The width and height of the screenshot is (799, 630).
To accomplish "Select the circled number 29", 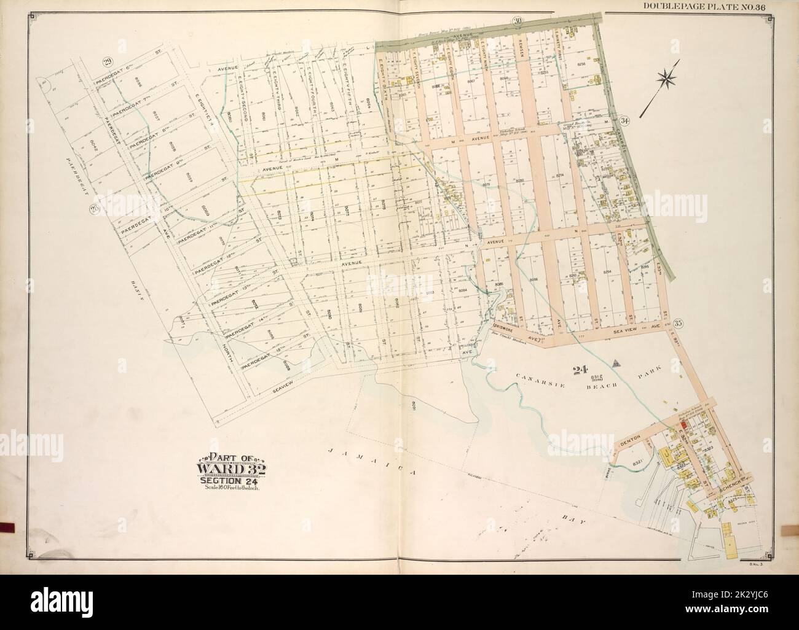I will [x=108, y=61].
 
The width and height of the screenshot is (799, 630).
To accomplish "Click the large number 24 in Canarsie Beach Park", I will [x=577, y=370].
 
